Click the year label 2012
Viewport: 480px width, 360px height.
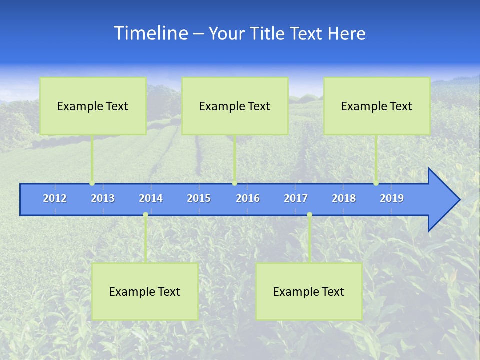pos(55,198)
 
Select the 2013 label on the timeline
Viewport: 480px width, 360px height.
pos(103,198)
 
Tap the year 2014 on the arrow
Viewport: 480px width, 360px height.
pos(151,198)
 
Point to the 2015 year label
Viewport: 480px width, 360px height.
pos(199,198)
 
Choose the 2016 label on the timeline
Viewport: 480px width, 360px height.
pos(248,198)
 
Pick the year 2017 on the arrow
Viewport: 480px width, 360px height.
pos(296,198)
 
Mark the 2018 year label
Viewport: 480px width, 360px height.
pos(344,198)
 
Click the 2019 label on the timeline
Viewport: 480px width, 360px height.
pos(392,198)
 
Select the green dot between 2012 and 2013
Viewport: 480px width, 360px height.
pos(92,183)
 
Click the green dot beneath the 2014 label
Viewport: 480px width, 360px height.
pos(145,215)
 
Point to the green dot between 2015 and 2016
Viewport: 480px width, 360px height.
pos(234,183)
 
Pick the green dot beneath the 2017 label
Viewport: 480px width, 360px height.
pos(309,215)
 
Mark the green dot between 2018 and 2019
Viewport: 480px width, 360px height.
pos(376,183)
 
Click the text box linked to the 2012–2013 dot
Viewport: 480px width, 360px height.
pos(93,106)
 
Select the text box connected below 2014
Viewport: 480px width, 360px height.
pos(145,291)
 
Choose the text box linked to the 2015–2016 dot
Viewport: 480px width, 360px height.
pos(235,106)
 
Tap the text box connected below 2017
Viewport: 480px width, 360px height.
pos(309,291)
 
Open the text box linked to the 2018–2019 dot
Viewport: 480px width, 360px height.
pos(377,106)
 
